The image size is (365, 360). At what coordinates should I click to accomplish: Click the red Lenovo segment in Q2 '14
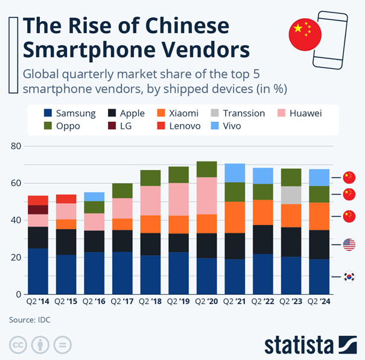coord(38,200)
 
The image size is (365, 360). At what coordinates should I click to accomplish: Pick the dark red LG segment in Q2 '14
coord(38,210)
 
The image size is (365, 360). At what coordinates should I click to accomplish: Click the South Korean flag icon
coord(349,277)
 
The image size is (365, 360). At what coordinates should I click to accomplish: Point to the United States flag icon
coord(349,244)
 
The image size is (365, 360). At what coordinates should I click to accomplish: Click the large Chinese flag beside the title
coord(305,35)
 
